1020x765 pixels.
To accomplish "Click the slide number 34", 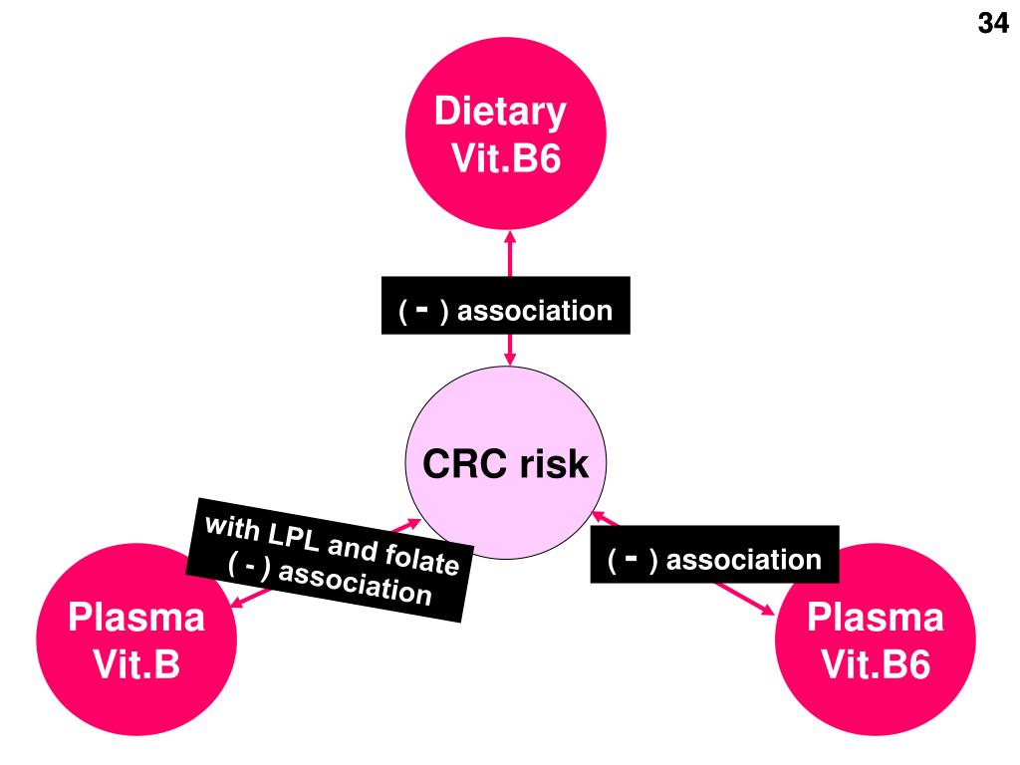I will [992, 25].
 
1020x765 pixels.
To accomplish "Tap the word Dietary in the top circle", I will [501, 112].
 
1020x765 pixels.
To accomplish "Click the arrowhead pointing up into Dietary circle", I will [510, 239].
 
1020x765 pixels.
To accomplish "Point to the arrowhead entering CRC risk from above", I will [510, 359].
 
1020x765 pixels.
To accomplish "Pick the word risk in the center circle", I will [553, 464].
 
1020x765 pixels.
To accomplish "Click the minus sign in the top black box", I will [422, 309].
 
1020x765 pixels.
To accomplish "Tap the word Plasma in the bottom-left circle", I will [136, 618].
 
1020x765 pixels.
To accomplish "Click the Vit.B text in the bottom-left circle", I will [136, 663].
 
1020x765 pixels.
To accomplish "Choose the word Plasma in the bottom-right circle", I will [876, 618].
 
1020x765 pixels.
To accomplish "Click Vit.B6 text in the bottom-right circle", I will [876, 663].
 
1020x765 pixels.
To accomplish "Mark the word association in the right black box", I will [744, 560].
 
